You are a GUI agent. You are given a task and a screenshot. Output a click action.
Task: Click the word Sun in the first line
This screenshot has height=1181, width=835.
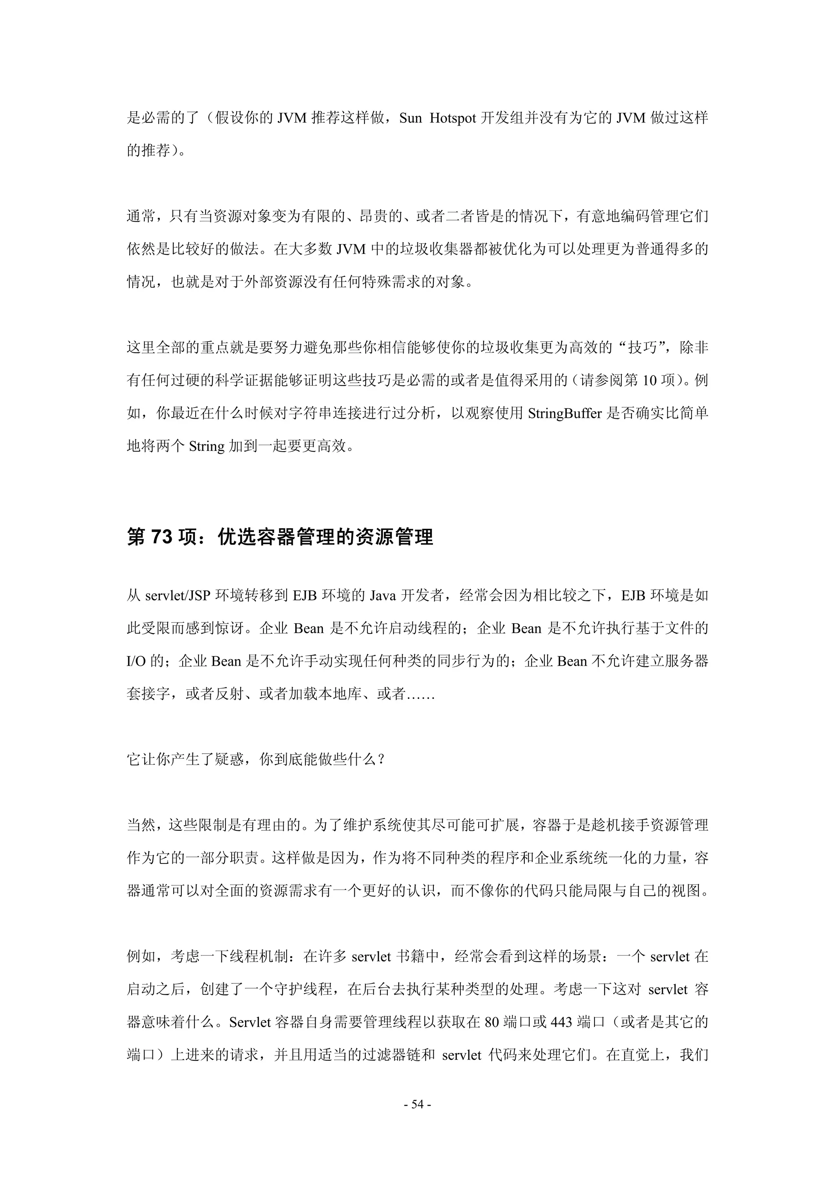(x=411, y=118)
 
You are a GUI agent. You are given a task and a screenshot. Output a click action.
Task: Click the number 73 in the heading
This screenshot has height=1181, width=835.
(x=161, y=537)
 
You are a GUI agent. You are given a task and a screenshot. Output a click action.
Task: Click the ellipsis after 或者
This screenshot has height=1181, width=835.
(x=421, y=694)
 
